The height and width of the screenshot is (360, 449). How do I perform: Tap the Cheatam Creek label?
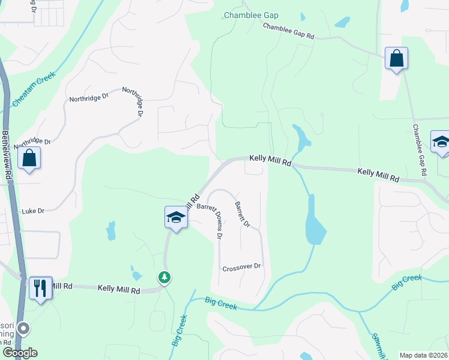34,89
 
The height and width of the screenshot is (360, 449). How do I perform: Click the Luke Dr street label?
33,211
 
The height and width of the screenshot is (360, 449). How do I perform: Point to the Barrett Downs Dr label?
211,220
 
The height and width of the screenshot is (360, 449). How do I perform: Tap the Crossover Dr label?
242,266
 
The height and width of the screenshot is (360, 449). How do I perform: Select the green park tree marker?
164,277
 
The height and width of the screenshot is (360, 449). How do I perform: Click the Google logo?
20,353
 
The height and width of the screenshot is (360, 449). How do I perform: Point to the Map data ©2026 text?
423,355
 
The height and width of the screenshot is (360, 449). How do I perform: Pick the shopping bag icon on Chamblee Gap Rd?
396,59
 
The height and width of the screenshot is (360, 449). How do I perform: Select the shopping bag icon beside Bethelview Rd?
29,158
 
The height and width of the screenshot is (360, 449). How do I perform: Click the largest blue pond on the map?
314,221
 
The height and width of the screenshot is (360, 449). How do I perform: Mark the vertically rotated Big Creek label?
178,332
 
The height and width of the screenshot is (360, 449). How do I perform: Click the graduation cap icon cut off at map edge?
441,143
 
